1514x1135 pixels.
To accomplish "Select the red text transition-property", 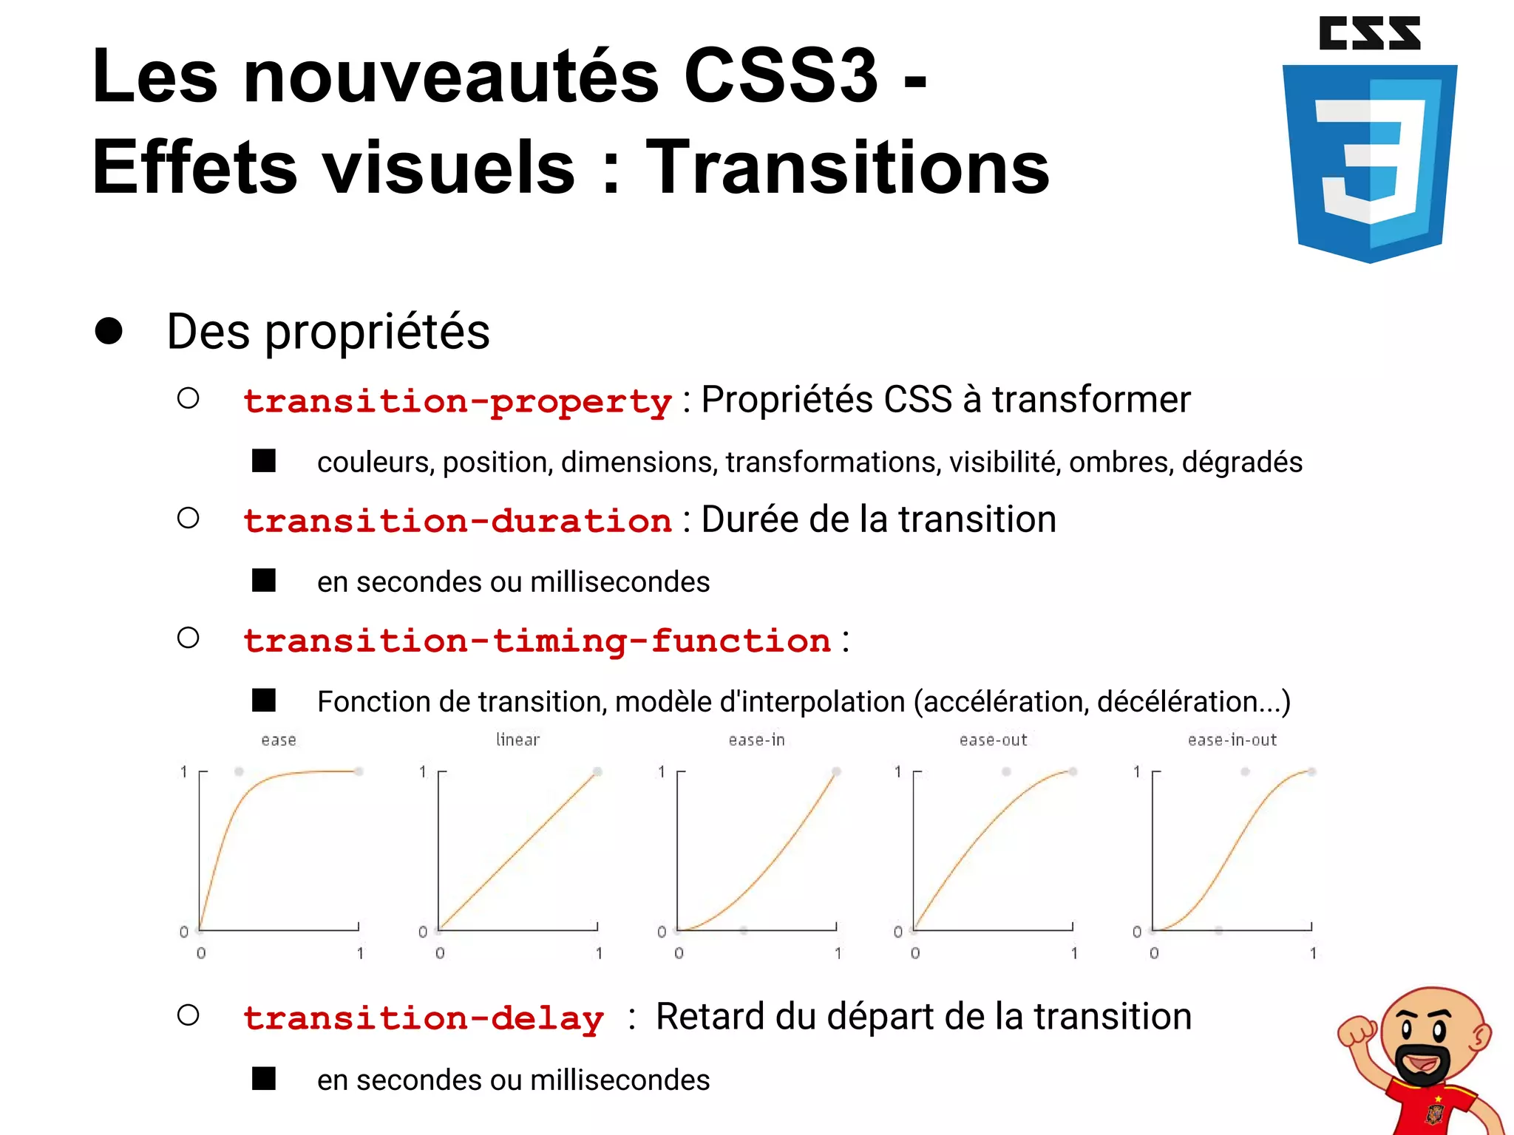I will tap(458, 402).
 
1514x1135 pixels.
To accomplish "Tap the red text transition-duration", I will tap(458, 522).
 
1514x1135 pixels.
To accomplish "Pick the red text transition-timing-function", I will tap(537, 641).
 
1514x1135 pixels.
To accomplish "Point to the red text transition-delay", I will tap(424, 1019).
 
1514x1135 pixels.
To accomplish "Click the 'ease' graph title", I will tap(279, 740).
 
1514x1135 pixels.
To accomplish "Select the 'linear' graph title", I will tap(517, 740).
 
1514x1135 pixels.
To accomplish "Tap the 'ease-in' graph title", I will tap(756, 740).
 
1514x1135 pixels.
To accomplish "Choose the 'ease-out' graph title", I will tap(993, 740).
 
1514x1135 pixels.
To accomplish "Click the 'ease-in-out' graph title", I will tap(1232, 740).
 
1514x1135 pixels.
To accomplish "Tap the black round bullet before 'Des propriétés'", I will tap(109, 331).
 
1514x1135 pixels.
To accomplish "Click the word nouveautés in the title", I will tap(450, 77).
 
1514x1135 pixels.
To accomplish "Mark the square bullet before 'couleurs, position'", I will tap(264, 461).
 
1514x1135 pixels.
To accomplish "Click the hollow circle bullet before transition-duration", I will tap(189, 518).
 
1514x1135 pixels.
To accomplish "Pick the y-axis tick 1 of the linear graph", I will tap(423, 772).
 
